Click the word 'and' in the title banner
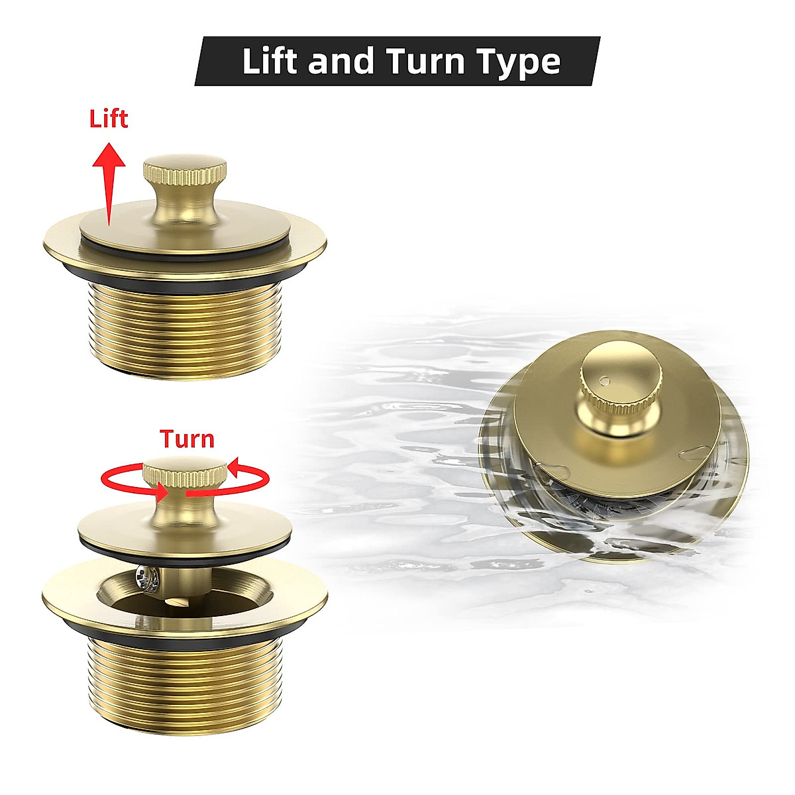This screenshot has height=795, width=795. coord(344,61)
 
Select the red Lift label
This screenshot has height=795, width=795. coord(108,119)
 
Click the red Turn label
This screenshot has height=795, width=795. coord(187,439)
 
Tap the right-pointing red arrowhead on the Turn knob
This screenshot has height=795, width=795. coord(163,493)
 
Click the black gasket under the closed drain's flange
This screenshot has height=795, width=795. coord(185,283)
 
